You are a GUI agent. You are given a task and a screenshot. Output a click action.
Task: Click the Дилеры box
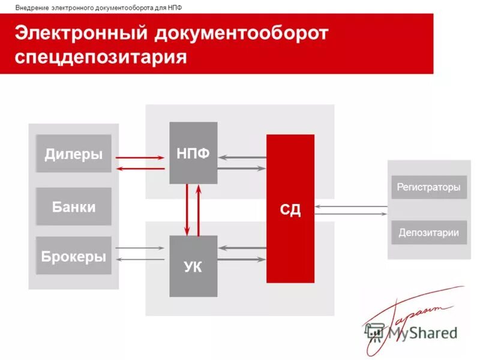(x=73, y=154)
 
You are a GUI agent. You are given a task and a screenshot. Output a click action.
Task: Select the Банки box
(x=73, y=206)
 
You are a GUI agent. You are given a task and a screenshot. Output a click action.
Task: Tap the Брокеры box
(x=73, y=256)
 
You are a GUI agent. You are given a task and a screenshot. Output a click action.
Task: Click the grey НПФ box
(x=193, y=152)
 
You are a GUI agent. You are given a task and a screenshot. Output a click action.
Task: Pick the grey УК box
(x=193, y=266)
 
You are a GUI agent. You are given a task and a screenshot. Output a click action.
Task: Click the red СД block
(x=290, y=209)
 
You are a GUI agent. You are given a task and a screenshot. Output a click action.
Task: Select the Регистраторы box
(x=428, y=187)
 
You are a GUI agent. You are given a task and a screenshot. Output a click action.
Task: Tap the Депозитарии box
(x=428, y=232)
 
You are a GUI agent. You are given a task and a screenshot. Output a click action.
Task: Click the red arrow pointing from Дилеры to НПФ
(x=139, y=158)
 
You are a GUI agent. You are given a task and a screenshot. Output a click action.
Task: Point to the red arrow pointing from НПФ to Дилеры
(x=139, y=169)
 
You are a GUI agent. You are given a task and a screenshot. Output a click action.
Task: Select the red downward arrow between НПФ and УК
(x=187, y=210)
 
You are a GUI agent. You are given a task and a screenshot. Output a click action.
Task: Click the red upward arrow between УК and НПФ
(x=199, y=210)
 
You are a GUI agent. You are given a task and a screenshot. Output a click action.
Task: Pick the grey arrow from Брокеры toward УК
(x=139, y=247)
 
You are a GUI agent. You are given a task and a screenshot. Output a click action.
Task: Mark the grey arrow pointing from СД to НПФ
(x=242, y=158)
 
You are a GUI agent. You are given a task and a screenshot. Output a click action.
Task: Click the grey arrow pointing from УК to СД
(x=242, y=259)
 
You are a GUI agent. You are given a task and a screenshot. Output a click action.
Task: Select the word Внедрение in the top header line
(x=32, y=7)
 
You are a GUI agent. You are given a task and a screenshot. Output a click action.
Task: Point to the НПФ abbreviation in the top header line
(x=175, y=7)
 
